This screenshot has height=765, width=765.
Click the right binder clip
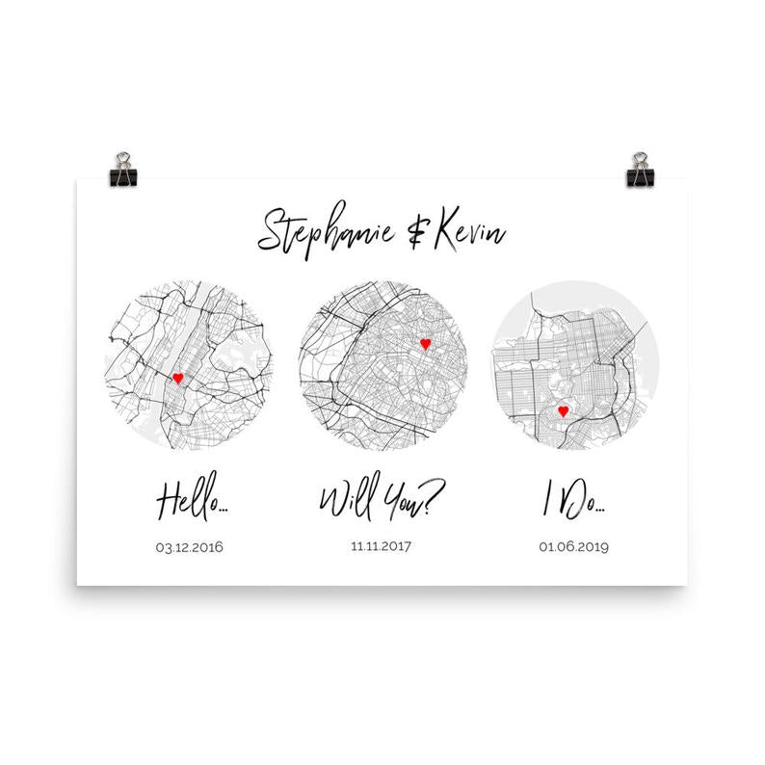pyautogui.click(x=640, y=170)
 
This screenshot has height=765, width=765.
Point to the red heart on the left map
pyautogui.click(x=177, y=379)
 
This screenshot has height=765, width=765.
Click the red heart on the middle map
pyautogui.click(x=424, y=342)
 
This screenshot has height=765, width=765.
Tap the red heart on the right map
pyautogui.click(x=564, y=411)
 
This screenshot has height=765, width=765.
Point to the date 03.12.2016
pyautogui.click(x=189, y=547)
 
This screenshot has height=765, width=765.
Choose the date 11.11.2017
pyautogui.click(x=382, y=544)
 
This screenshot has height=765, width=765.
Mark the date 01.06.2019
pyautogui.click(x=574, y=547)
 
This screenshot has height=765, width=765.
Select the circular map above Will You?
pyautogui.click(x=382, y=364)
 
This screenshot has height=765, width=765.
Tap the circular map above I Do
pyautogui.click(x=575, y=366)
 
